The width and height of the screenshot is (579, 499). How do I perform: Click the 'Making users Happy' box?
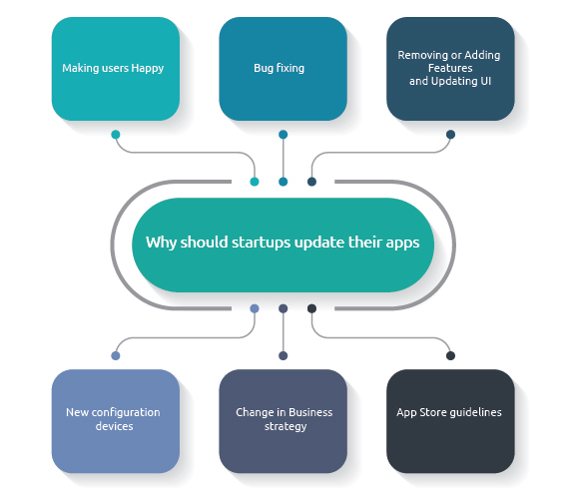coord(116,69)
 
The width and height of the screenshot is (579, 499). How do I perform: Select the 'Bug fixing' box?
coord(283,69)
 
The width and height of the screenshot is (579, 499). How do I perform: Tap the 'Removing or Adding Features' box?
coord(450,69)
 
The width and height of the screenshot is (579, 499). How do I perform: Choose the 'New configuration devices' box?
coord(116,421)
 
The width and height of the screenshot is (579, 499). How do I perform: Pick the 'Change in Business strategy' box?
coord(283,421)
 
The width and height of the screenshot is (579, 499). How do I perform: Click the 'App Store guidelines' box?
coord(450,421)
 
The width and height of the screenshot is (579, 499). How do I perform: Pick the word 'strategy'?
coord(286,427)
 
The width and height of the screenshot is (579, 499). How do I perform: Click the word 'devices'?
coord(115,426)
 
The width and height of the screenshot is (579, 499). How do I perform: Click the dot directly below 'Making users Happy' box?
coord(116,135)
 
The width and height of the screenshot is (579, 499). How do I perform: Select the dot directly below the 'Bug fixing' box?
coord(284,135)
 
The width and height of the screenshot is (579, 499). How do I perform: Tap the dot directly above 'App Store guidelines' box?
coord(450,356)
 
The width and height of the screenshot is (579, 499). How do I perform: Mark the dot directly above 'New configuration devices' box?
coord(116,356)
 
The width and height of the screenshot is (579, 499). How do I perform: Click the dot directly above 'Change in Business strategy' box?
coord(284,356)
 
